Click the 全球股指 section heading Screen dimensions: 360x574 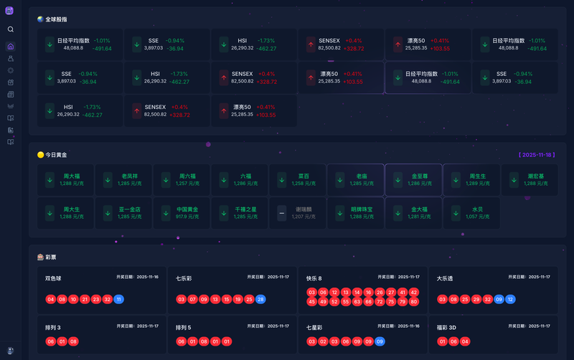57,19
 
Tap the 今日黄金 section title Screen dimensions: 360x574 56,154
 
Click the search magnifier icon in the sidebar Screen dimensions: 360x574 10,29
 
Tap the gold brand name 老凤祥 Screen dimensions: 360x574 130,176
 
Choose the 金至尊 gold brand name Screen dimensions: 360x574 420,176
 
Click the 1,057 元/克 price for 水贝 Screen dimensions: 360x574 478,216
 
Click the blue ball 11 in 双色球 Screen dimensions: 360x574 119,299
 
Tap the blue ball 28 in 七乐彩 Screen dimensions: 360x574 260,299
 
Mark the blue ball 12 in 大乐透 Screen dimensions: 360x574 510,299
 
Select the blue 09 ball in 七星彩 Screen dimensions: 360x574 380,341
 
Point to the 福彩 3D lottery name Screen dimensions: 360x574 447,327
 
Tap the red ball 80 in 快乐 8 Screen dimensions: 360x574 413,302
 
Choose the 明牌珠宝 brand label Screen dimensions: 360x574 362,209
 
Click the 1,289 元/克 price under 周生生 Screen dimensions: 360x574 478,184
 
